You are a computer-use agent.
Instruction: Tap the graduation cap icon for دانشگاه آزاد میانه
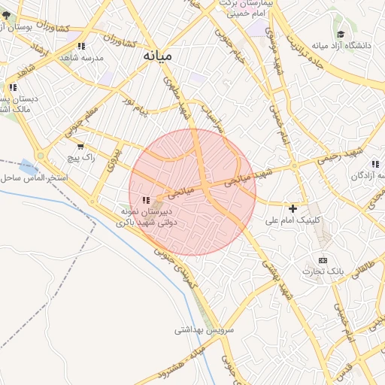point(341,35)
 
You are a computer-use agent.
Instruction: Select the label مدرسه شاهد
point(82,57)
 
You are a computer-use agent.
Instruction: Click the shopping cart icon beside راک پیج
point(80,147)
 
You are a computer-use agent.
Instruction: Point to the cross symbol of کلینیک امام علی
point(293,208)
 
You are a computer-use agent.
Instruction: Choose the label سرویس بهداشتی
point(205,329)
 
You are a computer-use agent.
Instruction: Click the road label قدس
point(343,371)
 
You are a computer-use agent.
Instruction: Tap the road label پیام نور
point(137,105)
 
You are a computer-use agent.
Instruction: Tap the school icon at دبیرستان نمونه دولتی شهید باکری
point(146,200)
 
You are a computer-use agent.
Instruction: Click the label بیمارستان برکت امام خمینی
point(253,8)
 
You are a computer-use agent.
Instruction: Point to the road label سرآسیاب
point(211,120)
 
